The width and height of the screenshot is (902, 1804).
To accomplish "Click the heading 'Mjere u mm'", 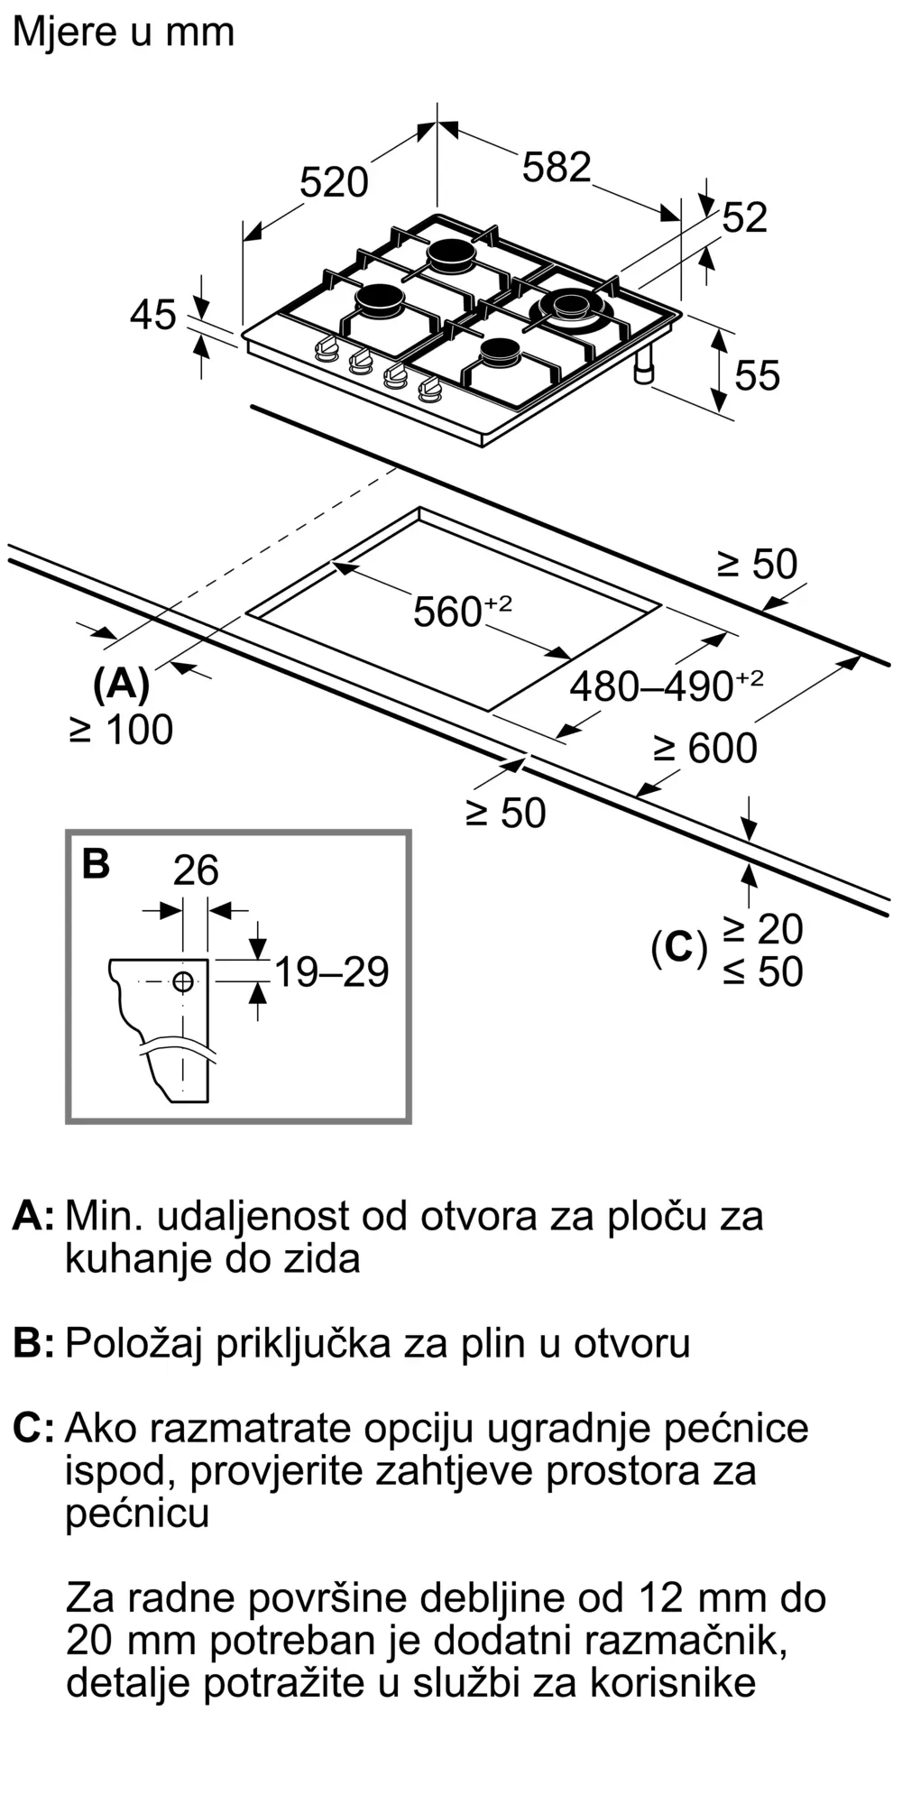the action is pyautogui.click(x=124, y=32).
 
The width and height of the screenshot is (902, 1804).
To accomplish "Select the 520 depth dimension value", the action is pyautogui.click(x=334, y=183).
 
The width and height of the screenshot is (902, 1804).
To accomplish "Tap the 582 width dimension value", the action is pyautogui.click(x=557, y=168).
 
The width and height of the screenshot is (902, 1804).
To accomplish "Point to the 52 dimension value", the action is pyautogui.click(x=745, y=218).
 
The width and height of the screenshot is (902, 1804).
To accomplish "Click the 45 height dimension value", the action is pyautogui.click(x=152, y=316).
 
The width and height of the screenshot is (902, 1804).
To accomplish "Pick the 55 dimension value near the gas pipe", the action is pyautogui.click(x=757, y=375).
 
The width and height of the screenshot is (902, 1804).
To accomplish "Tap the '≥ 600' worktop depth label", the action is pyautogui.click(x=705, y=749).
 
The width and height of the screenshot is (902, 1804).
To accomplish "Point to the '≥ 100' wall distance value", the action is pyautogui.click(x=121, y=730).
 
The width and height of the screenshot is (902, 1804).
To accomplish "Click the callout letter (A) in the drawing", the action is pyautogui.click(x=121, y=685).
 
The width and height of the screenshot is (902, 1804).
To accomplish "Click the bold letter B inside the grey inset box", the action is pyautogui.click(x=96, y=863).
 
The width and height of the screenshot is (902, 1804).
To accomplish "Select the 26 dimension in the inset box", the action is pyautogui.click(x=196, y=870).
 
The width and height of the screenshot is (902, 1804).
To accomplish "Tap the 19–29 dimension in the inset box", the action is pyautogui.click(x=331, y=972).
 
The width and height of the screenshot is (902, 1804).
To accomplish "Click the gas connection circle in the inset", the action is pyautogui.click(x=183, y=981).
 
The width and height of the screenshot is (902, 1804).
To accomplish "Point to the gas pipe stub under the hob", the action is pyautogui.click(x=645, y=368).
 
